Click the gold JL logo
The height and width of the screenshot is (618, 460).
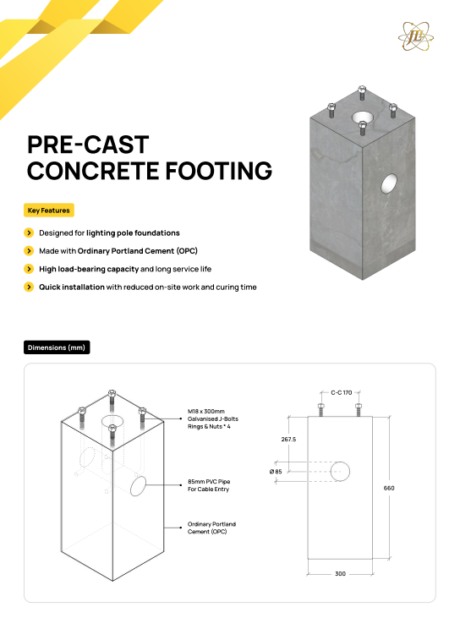[416, 36]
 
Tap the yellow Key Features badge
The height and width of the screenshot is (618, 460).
[49, 211]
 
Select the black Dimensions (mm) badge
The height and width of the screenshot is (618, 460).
[57, 347]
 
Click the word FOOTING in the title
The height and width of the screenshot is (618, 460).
[218, 171]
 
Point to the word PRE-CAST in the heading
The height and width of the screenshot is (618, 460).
[88, 145]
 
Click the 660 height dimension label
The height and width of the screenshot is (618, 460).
[389, 488]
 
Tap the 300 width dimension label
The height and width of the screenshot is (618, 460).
[340, 574]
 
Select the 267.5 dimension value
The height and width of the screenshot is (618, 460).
[288, 439]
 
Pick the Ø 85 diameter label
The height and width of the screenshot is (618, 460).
[276, 472]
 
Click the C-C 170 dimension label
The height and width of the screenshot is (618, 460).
[342, 392]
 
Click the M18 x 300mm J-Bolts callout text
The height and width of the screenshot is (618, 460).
[213, 419]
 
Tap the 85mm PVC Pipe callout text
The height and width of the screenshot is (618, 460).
[209, 485]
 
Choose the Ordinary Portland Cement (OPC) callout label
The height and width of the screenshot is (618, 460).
[211, 528]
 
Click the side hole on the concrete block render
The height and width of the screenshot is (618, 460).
[389, 183]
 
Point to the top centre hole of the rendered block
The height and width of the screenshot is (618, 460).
[364, 117]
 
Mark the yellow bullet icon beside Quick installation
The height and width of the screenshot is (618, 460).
[29, 287]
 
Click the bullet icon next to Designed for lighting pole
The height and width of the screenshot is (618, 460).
[29, 233]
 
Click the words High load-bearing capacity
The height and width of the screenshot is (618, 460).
[89, 269]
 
